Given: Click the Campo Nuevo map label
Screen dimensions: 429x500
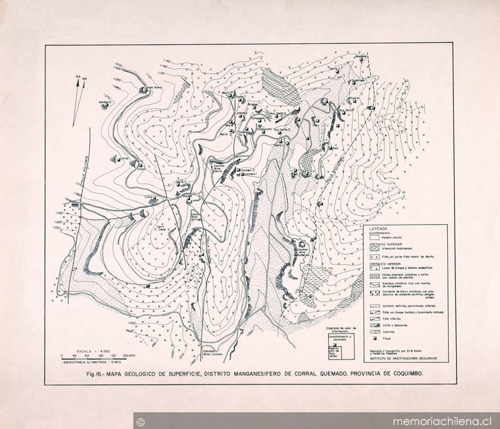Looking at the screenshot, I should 154,86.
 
